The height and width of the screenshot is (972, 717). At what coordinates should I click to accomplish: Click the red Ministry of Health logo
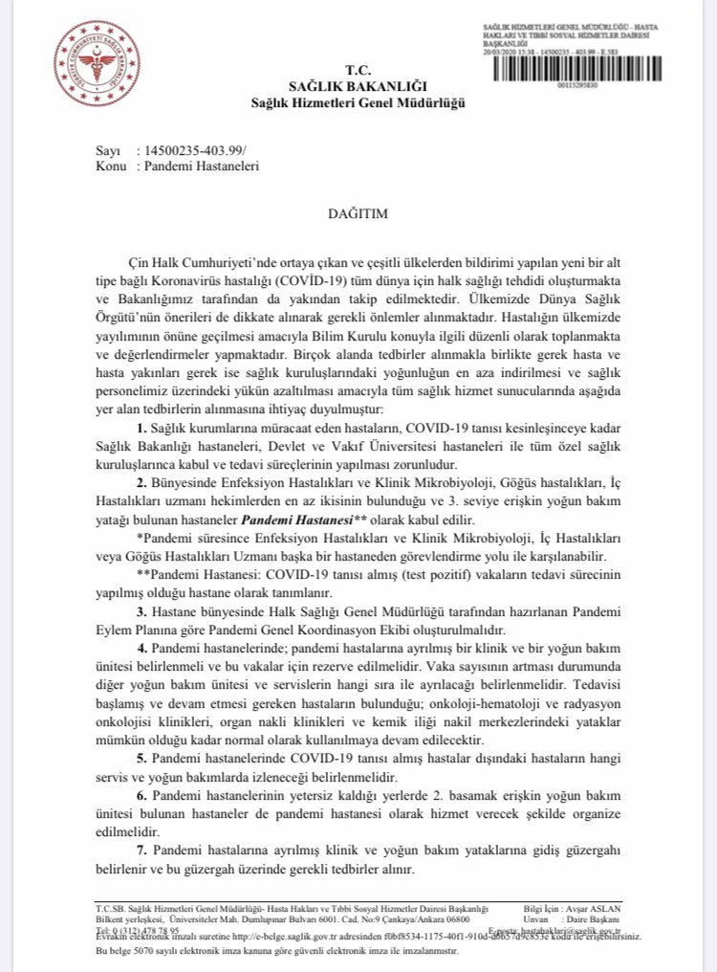click(92, 59)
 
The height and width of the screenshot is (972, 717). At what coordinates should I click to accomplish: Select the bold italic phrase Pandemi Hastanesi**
click(293, 522)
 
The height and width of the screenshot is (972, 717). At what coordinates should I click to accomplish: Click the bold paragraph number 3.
click(141, 610)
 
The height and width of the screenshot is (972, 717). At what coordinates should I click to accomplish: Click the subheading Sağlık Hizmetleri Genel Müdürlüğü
click(358, 102)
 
